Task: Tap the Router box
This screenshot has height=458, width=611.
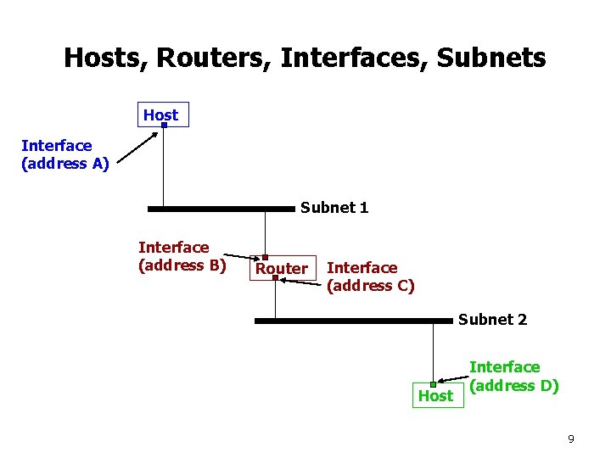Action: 282,268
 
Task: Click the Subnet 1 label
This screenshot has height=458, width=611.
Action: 334,208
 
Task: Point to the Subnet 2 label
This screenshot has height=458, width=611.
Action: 492,320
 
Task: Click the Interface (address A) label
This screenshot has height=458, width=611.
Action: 64,155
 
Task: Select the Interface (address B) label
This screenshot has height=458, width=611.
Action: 182,255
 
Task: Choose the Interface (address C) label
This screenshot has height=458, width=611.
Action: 370,276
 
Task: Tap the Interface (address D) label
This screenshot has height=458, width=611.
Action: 513,377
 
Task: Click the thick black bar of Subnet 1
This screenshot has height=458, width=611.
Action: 221,208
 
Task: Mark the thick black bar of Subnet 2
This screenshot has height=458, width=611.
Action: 353,321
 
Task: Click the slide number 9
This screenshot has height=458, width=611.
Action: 571,438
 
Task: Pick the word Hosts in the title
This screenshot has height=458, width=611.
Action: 96,58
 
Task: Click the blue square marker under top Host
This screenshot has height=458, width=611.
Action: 164,126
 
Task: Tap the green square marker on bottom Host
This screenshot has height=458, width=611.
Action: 433,385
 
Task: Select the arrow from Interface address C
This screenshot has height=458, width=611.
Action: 301,282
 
